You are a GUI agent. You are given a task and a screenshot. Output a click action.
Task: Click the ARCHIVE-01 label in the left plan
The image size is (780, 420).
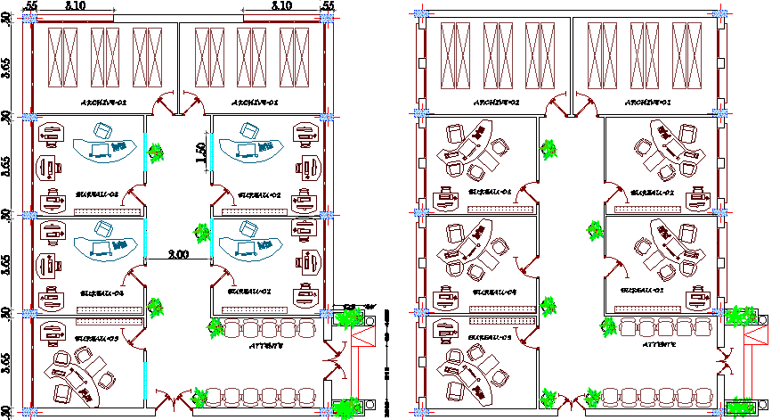tap(256, 102)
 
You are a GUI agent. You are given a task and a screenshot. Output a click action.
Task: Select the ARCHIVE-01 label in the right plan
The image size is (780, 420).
tap(647, 102)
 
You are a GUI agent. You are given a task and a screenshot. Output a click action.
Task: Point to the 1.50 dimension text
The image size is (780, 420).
tap(202, 153)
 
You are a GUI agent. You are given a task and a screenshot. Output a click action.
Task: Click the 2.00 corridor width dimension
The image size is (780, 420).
tap(178, 255)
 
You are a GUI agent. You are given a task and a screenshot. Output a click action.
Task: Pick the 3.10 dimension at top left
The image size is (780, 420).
tap(76, 5)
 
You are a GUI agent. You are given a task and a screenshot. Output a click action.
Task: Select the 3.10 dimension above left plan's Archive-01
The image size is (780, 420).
tap(280, 5)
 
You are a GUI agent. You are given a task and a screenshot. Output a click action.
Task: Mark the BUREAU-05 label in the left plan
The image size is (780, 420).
tap(98, 339)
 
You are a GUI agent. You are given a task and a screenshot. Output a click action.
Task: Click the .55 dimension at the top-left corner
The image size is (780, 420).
tap(31, 5)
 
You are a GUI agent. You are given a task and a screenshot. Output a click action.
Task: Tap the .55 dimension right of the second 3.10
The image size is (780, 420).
tap(327, 5)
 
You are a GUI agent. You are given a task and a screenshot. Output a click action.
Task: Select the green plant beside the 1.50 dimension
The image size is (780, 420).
tap(158, 152)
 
